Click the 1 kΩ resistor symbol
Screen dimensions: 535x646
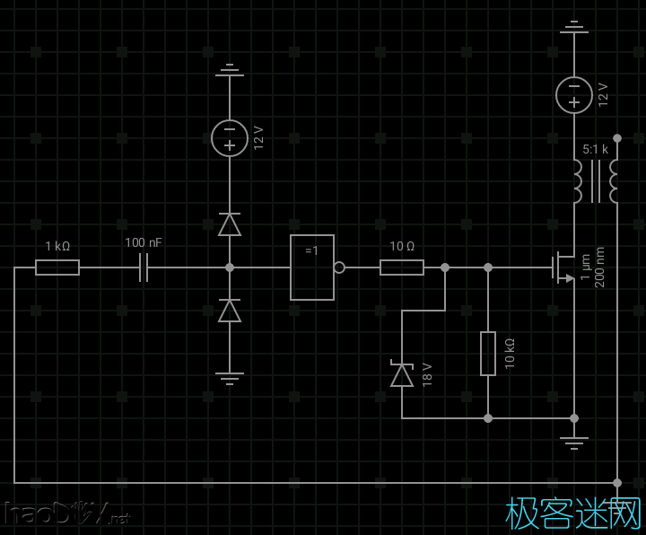[x=57, y=267]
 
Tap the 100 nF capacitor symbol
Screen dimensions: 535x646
[x=144, y=267]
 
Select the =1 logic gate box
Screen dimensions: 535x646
[x=312, y=267]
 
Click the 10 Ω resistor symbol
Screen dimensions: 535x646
[x=402, y=267]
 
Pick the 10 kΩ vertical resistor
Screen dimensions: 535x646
[x=488, y=354]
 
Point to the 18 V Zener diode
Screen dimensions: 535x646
[x=402, y=374]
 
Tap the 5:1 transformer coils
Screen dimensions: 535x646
[x=595, y=181]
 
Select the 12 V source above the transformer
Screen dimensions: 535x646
[x=574, y=95]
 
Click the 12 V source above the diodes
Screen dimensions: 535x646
[x=230, y=138]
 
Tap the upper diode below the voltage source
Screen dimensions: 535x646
[x=230, y=224]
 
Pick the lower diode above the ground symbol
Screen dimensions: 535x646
[x=230, y=311]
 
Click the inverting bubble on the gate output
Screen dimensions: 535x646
[x=339, y=267]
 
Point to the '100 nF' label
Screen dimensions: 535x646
[x=144, y=242]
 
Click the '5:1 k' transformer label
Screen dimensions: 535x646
[x=595, y=149]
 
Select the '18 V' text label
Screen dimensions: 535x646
[x=427, y=373]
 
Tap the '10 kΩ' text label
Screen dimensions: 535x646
[x=510, y=354]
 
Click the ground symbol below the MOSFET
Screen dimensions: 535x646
[x=574, y=442]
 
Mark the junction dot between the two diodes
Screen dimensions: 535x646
[x=230, y=267]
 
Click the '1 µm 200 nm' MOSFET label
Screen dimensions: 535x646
[x=592, y=267]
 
